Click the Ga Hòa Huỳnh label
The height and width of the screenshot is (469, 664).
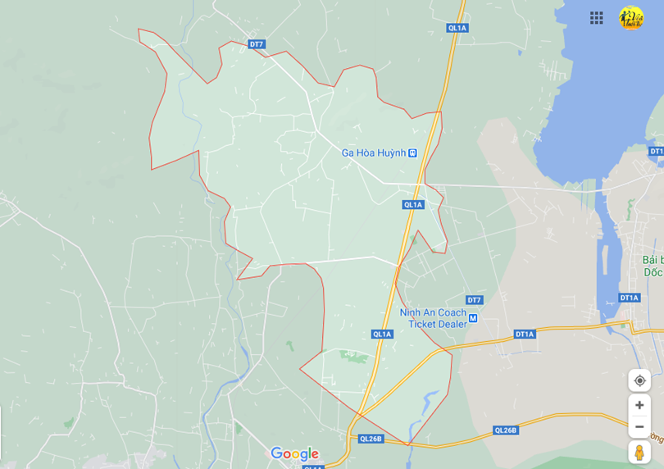click(373, 153)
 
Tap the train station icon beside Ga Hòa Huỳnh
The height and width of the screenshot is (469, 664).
click(413, 153)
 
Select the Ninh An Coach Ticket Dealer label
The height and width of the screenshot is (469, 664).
click(433, 318)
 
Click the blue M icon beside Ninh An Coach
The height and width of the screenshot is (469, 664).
click(472, 318)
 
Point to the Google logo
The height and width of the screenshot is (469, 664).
click(294, 453)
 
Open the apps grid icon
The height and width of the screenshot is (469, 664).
click(597, 18)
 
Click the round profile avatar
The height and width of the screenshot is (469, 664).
click(631, 18)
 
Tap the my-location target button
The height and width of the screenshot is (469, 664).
click(639, 380)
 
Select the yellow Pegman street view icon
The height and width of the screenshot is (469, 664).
click(639, 452)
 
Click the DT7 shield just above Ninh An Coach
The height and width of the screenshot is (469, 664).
click(474, 300)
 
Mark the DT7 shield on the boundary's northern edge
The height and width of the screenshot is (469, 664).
click(257, 44)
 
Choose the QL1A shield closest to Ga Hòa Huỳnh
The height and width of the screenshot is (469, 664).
click(413, 205)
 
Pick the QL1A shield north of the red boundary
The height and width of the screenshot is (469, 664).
click(457, 28)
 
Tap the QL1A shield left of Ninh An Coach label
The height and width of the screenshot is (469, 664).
click(382, 334)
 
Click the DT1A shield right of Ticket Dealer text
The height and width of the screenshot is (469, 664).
click(525, 334)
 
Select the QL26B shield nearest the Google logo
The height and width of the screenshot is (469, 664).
click(371, 439)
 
